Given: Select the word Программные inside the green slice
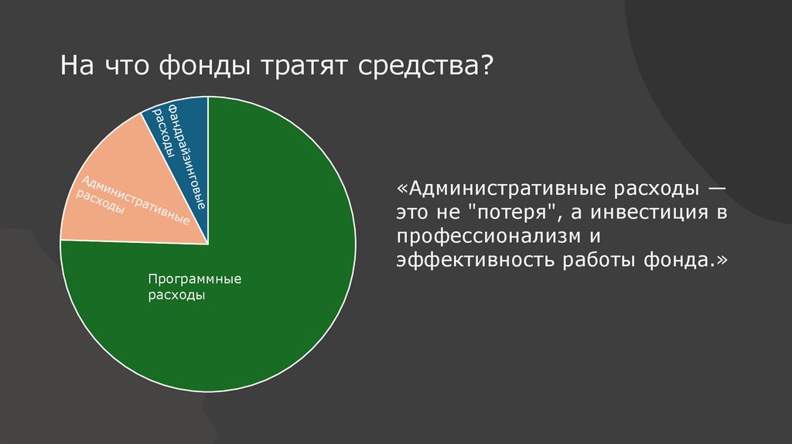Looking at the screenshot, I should click(x=185, y=279).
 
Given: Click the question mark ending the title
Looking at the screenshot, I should click(x=487, y=68).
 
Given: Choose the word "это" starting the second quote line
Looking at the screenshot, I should click(x=414, y=213).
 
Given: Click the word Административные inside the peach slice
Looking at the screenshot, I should click(x=135, y=201).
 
